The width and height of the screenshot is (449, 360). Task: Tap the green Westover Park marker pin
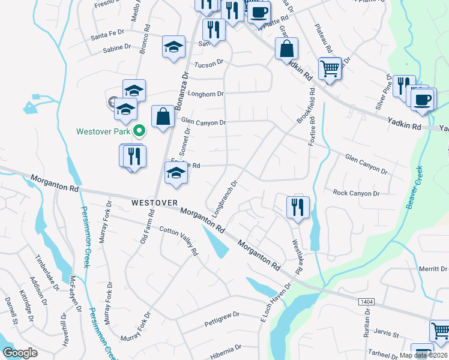(139, 130)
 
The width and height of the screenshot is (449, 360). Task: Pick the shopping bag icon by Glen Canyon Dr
(163, 116)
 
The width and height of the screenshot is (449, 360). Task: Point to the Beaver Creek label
(415, 187)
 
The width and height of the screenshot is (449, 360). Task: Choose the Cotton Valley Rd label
(178, 241)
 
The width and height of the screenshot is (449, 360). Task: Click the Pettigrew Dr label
(221, 314)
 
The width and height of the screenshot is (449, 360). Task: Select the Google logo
(20, 353)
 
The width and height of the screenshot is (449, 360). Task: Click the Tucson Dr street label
(208, 62)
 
